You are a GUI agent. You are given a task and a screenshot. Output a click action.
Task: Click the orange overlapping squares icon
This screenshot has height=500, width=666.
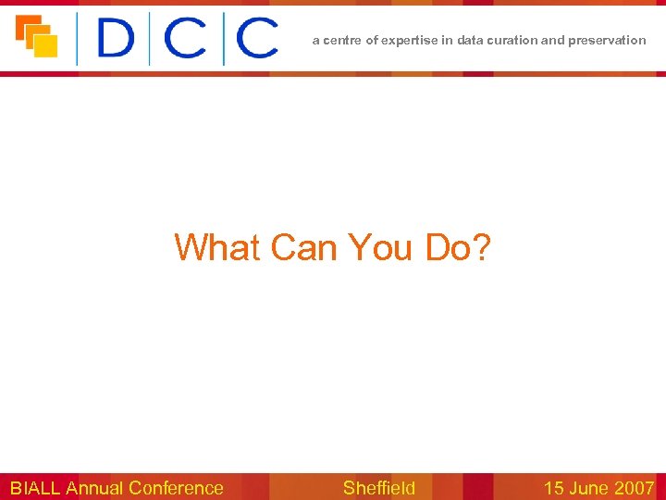pos(36,36)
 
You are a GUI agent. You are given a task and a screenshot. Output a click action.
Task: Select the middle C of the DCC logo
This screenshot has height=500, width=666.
pos(189,39)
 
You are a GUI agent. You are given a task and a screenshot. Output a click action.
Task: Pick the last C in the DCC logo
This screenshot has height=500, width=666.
pos(257,39)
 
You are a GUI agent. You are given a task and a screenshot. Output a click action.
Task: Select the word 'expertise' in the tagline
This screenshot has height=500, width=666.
pos(406,40)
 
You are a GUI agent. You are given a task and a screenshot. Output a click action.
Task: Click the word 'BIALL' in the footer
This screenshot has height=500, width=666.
pos(35,488)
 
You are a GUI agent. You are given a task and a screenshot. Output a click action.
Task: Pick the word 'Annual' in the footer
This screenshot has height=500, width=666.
pos(95,488)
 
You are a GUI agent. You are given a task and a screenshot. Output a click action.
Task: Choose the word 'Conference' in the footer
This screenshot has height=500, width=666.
pos(177,488)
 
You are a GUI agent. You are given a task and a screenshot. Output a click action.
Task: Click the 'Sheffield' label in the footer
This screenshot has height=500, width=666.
pos(379,488)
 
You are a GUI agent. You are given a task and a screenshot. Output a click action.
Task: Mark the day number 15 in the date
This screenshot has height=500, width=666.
pos(553,488)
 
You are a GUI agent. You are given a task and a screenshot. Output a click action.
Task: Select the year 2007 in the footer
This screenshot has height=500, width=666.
pos(635,488)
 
